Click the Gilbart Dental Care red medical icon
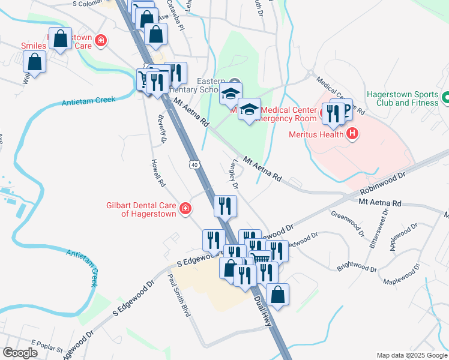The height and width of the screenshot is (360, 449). tap(186, 208)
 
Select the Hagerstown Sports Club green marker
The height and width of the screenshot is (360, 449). tap(445, 97)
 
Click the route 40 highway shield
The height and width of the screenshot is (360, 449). tap(194, 164)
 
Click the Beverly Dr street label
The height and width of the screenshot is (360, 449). tap(161, 129)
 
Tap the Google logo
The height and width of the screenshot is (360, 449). tap(20, 353)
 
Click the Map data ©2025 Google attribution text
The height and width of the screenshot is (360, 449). tap(411, 355)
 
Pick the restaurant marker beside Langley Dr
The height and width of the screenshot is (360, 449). tap(226, 206)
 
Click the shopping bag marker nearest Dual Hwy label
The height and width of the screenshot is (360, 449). tap(277, 295)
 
